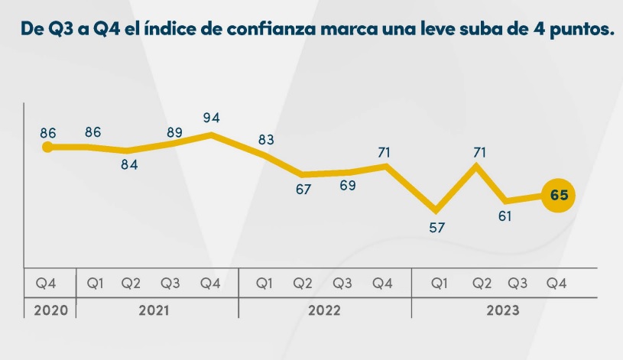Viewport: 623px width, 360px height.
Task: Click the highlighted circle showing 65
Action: coord(559,196)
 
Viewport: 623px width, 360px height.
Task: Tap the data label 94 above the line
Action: coord(211,118)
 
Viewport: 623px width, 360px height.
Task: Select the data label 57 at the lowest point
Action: coord(437,227)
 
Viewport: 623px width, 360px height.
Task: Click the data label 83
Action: coord(266,140)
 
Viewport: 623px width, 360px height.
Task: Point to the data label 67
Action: coord(303,189)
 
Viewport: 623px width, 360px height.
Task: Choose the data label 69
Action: coord(348,186)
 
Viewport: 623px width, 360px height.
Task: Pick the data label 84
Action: coord(129,165)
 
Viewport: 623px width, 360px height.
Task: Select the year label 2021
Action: coord(154,311)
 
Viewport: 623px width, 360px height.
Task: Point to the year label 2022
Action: coord(324,311)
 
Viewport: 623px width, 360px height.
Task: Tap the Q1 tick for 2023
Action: coord(440,284)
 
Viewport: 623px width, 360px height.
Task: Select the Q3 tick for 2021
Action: coord(171,284)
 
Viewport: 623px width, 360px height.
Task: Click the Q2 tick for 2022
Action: coord(303,284)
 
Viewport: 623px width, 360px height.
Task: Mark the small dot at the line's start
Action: coord(47,147)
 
